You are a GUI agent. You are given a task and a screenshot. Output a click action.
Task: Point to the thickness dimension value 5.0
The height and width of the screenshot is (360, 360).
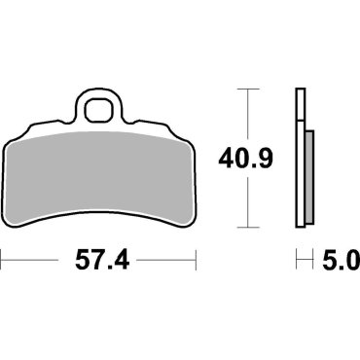pyautogui.click(x=339, y=261)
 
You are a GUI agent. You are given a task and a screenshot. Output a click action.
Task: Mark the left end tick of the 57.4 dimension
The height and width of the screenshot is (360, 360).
pyautogui.click(x=2, y=261)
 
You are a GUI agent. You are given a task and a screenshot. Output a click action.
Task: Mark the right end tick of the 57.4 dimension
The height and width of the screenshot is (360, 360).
pyautogui.click(x=198, y=261)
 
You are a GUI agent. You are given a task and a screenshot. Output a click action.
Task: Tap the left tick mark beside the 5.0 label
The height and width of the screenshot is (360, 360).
pyautogui.click(x=296, y=261)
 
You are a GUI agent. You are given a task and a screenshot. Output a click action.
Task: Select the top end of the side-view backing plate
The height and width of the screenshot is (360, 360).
pyautogui.click(x=298, y=90)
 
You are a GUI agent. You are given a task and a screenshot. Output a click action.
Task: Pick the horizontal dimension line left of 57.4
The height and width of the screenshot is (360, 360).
pyautogui.click(x=39, y=261)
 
